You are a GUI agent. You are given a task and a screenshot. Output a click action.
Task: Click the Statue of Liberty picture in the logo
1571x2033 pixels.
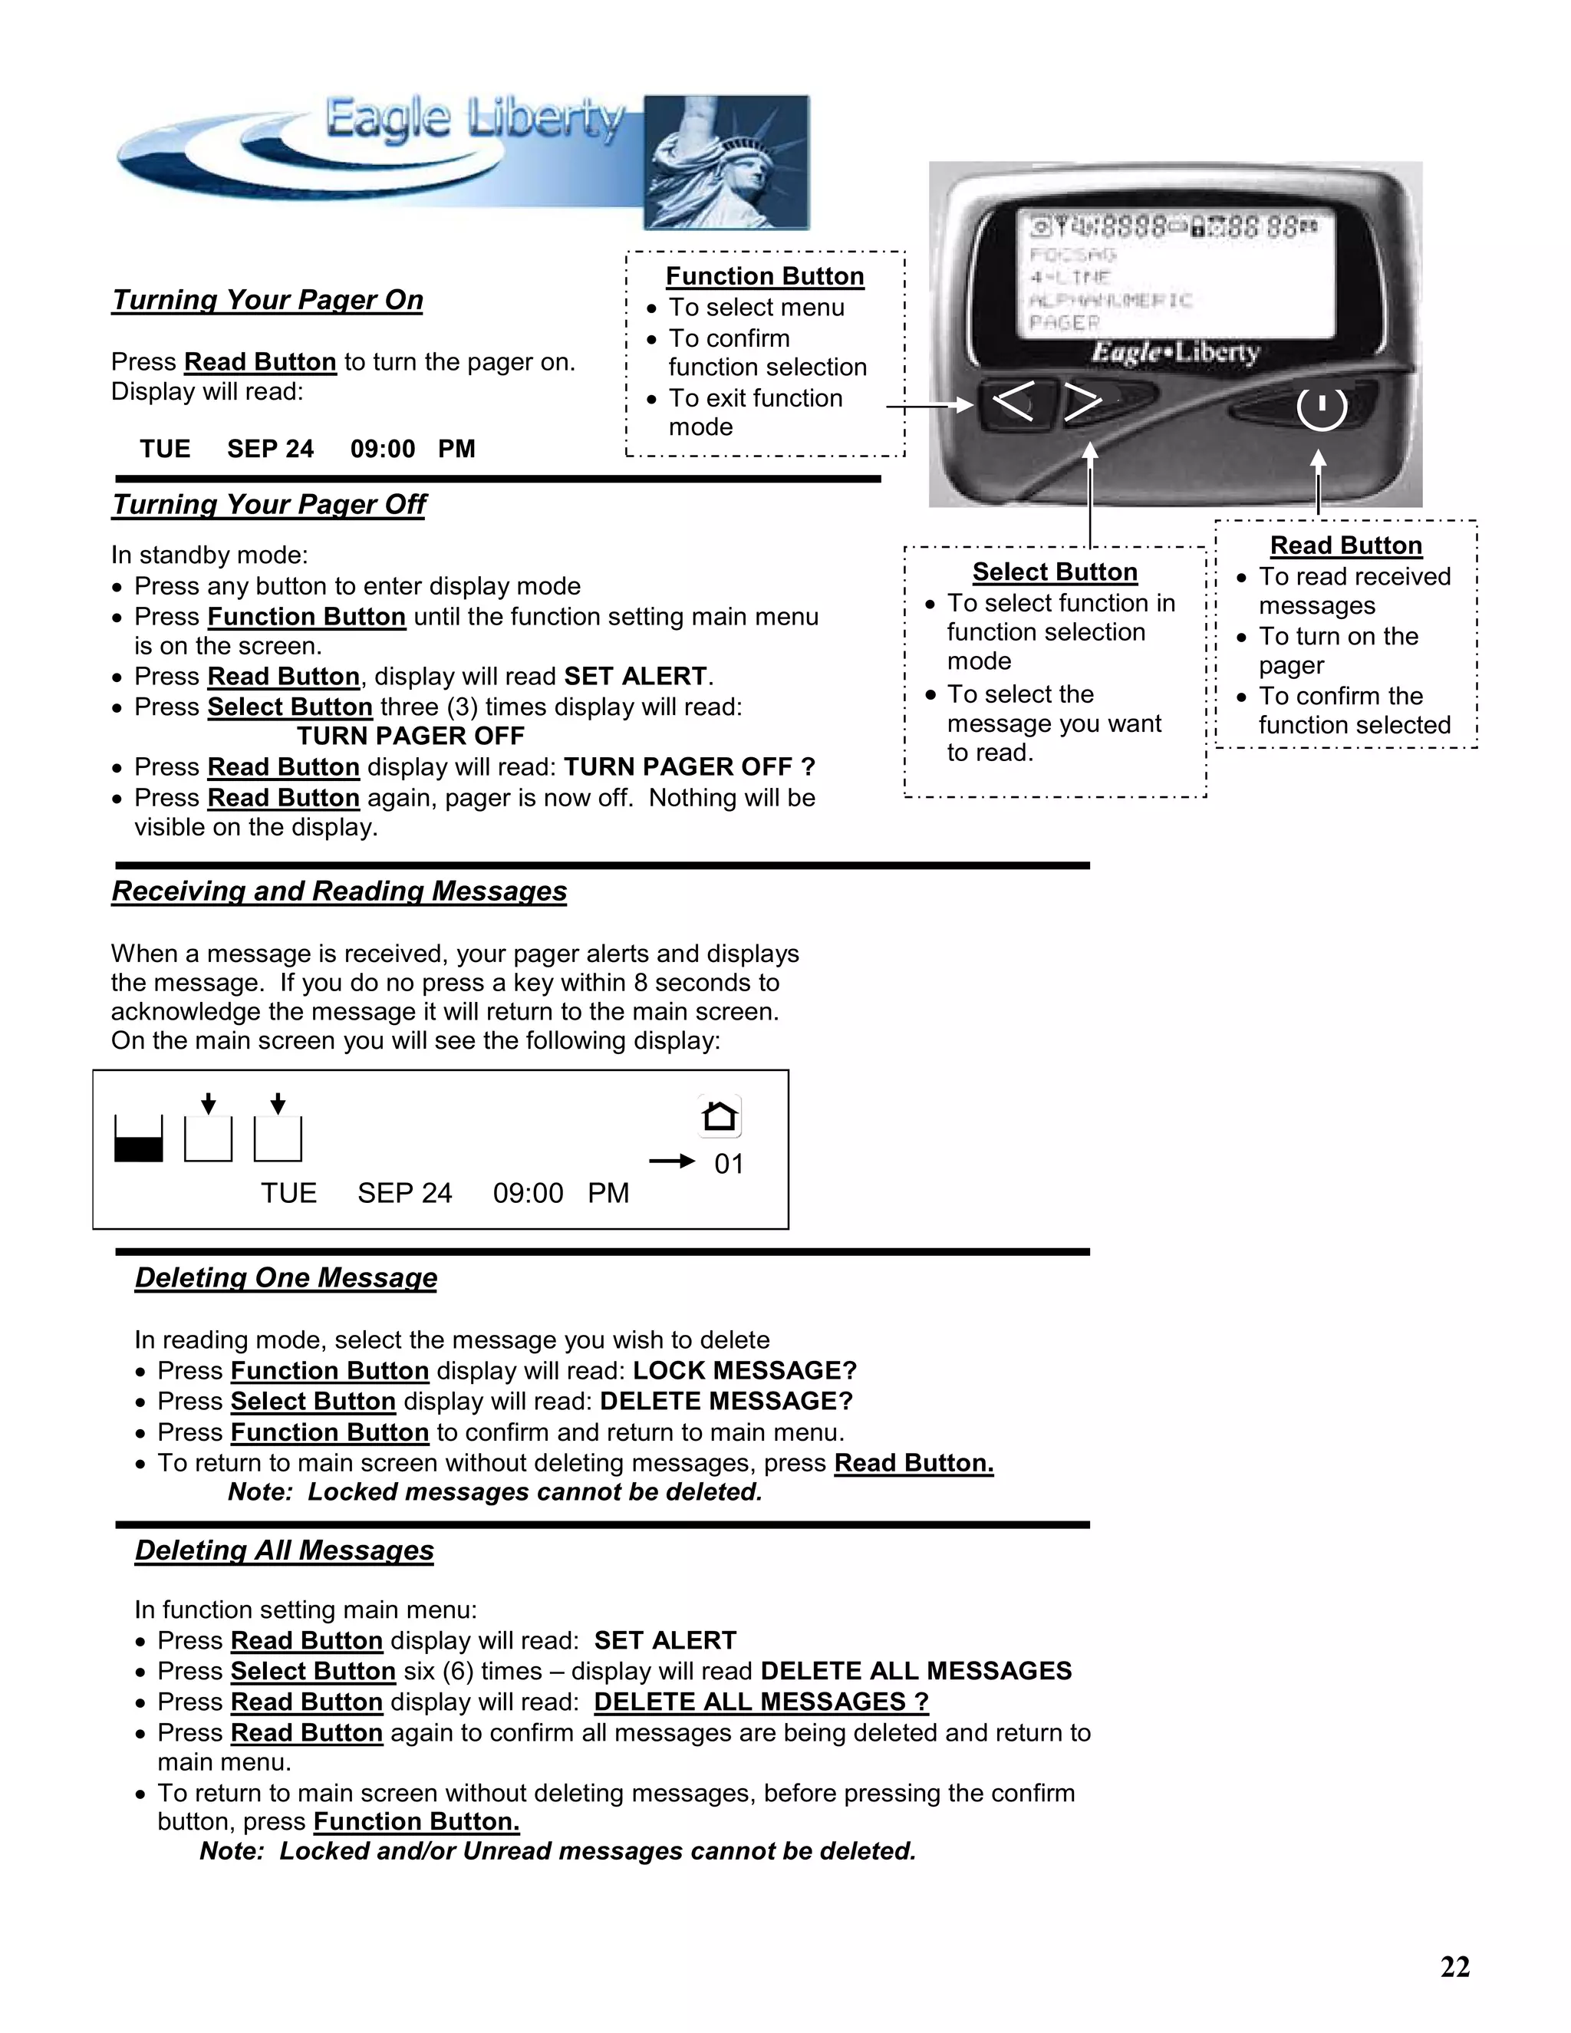pos(726,162)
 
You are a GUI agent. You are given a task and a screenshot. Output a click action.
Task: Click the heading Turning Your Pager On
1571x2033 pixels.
pos(267,300)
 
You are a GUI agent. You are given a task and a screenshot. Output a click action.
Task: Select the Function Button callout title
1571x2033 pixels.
pos(764,276)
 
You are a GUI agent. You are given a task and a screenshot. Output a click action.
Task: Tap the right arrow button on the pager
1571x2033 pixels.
pos(1082,402)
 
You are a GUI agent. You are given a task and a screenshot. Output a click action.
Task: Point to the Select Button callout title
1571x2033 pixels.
pos(1055,572)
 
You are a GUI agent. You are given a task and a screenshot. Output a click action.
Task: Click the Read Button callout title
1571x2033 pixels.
pos(1345,545)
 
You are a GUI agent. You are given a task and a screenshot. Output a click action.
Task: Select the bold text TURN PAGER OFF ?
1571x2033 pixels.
pos(689,767)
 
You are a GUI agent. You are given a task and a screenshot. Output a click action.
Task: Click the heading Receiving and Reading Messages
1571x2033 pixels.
pos(339,891)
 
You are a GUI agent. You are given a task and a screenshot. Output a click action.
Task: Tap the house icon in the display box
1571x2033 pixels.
pos(720,1115)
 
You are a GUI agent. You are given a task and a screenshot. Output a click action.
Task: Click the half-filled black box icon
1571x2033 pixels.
pos(139,1139)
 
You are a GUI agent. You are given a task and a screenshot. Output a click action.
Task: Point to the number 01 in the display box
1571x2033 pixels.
pos(729,1164)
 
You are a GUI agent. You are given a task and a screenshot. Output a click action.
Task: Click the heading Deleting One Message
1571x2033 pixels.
pos(285,1277)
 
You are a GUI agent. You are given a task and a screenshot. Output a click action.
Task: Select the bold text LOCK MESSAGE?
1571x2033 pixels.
pos(743,1370)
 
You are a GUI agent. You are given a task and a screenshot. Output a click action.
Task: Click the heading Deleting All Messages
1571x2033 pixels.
pos(284,1550)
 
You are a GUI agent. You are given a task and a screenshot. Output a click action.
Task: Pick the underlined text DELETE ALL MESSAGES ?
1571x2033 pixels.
pos(760,1702)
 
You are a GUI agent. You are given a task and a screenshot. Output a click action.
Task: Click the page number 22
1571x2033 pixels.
pos(1454,1967)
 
